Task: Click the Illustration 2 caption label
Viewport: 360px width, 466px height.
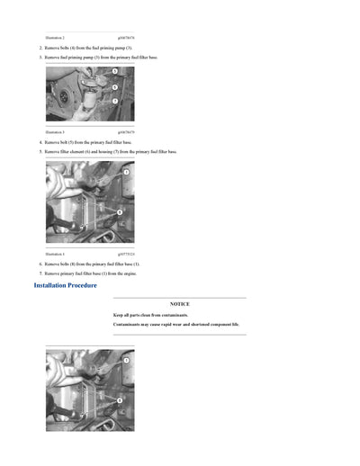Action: [55, 38]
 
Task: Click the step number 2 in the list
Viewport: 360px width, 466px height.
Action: [40, 48]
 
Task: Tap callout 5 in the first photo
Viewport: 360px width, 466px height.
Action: [114, 70]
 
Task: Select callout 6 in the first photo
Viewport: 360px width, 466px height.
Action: [114, 87]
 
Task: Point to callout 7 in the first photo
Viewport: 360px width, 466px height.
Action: [114, 101]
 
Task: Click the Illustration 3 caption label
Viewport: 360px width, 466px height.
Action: [55, 132]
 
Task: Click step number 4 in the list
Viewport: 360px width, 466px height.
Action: [40, 142]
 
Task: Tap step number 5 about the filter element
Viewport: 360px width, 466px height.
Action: [40, 152]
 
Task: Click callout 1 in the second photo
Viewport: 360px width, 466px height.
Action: [126, 171]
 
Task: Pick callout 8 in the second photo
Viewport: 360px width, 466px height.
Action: [119, 211]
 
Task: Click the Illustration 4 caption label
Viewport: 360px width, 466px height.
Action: [55, 254]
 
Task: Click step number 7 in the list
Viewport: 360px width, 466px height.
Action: [40, 273]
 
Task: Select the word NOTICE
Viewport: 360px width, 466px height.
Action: [179, 304]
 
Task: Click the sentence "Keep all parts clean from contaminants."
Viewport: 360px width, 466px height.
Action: [151, 316]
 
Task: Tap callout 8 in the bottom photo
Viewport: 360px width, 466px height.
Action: [119, 399]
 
